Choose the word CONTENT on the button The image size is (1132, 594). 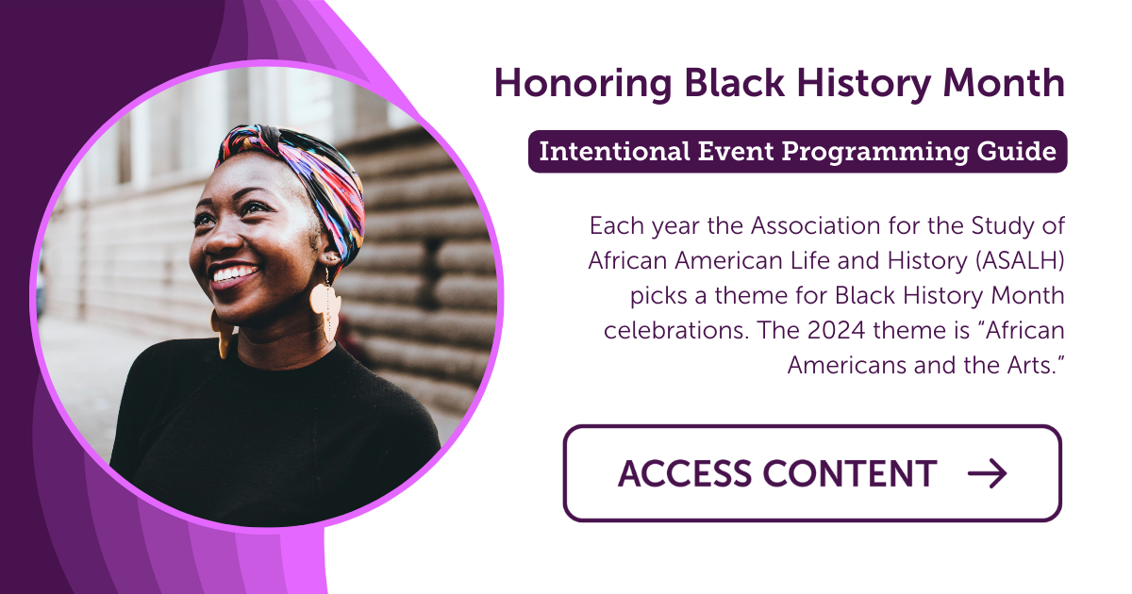click(855, 473)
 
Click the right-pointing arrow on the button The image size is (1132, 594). click(988, 473)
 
